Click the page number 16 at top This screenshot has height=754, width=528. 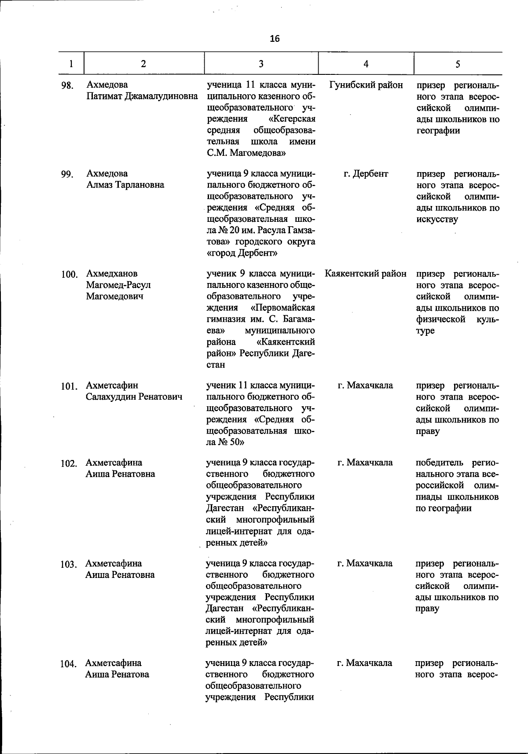(x=274, y=39)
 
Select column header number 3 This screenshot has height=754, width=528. (x=261, y=64)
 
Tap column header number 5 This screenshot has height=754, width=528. (x=458, y=64)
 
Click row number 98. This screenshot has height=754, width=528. (x=67, y=85)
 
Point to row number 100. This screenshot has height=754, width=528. (x=69, y=275)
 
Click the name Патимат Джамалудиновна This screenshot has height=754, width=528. (x=142, y=96)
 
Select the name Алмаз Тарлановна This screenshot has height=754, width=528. (x=125, y=185)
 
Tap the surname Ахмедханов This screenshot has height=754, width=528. (x=112, y=274)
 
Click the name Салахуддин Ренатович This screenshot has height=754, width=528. (x=134, y=397)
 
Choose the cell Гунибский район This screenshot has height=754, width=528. (x=366, y=85)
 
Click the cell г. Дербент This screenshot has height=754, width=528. (x=366, y=174)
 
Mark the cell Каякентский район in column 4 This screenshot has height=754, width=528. (x=366, y=274)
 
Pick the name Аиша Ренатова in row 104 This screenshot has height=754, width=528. (x=117, y=674)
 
